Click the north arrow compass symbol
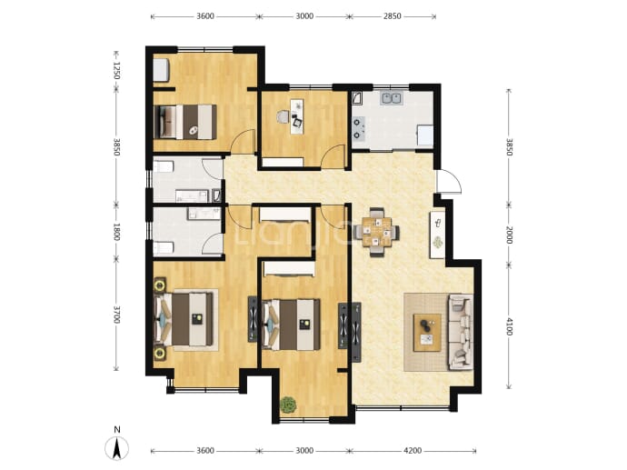(x=116, y=448)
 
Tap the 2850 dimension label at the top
(x=393, y=16)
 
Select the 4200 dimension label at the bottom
(x=413, y=451)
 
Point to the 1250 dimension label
(x=116, y=70)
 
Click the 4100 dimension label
(x=509, y=326)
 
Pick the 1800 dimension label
(x=116, y=232)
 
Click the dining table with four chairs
(x=376, y=232)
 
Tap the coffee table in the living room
(x=427, y=333)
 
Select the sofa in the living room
(x=461, y=332)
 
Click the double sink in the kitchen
(x=392, y=98)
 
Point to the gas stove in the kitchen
(x=359, y=128)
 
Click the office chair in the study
(x=283, y=116)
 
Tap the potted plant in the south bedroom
(x=289, y=405)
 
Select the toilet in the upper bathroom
(x=164, y=166)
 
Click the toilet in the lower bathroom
(x=164, y=248)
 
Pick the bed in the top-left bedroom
(x=185, y=122)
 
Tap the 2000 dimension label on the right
(x=509, y=235)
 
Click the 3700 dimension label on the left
(x=116, y=315)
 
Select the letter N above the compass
(x=116, y=430)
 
